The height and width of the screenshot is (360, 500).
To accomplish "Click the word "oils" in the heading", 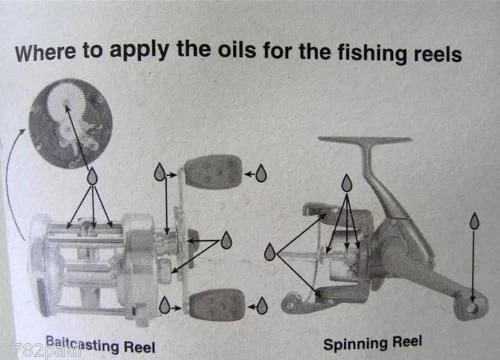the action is coord(237,50).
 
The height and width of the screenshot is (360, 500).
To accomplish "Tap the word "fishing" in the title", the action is coord(372,53).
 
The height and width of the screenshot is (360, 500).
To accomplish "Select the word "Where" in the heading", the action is coord(45,52).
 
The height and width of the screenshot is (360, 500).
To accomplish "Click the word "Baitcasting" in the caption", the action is coord(82,344).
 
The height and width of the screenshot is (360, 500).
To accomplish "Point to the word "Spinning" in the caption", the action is coord(355,344).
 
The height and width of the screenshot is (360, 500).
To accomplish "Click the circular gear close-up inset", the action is coord(70,123).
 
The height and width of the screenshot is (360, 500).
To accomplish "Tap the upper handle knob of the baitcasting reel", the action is coord(213,172).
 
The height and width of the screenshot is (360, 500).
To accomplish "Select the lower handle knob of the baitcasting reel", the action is coord(217,306).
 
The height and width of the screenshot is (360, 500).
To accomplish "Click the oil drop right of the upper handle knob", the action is coord(261,173).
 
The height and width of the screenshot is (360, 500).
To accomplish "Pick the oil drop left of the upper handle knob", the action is coord(160,172).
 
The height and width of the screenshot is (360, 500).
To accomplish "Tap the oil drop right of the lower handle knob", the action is coord(262,305).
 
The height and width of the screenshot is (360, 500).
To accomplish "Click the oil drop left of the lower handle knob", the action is coord(164,305).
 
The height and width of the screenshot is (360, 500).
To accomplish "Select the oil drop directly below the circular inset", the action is coord(92,176).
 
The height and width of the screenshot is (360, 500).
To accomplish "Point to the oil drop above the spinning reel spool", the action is coord(347,183).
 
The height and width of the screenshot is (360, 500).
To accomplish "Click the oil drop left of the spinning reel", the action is coord(270,252).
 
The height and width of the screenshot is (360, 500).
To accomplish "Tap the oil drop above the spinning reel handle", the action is coord(474,221).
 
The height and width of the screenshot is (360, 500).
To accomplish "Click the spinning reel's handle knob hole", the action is coord(471,306).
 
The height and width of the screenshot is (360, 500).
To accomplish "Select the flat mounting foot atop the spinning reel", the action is coord(365,140).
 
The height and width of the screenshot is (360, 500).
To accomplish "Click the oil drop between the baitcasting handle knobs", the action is coord(227,240).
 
